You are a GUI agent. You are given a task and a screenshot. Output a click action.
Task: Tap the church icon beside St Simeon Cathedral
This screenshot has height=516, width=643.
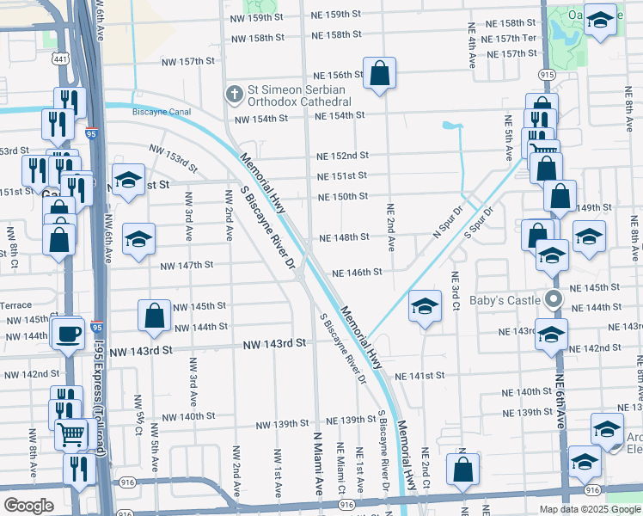[232, 94]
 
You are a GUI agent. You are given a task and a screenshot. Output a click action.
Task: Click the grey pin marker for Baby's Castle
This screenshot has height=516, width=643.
[554, 300]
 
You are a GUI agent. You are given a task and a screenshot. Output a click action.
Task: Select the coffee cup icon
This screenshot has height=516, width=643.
[67, 333]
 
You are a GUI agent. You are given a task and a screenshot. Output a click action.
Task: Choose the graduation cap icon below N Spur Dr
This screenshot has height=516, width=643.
[425, 307]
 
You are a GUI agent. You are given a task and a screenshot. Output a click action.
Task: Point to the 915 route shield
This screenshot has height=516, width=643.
[547, 76]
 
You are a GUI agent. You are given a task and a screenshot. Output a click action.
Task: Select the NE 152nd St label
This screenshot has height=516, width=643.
[342, 156]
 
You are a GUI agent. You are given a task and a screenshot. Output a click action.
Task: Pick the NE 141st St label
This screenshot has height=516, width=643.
[419, 376]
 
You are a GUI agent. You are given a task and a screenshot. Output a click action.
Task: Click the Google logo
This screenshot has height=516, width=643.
[28, 506]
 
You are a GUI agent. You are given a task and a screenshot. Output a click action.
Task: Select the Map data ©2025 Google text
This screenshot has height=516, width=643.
[589, 509]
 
